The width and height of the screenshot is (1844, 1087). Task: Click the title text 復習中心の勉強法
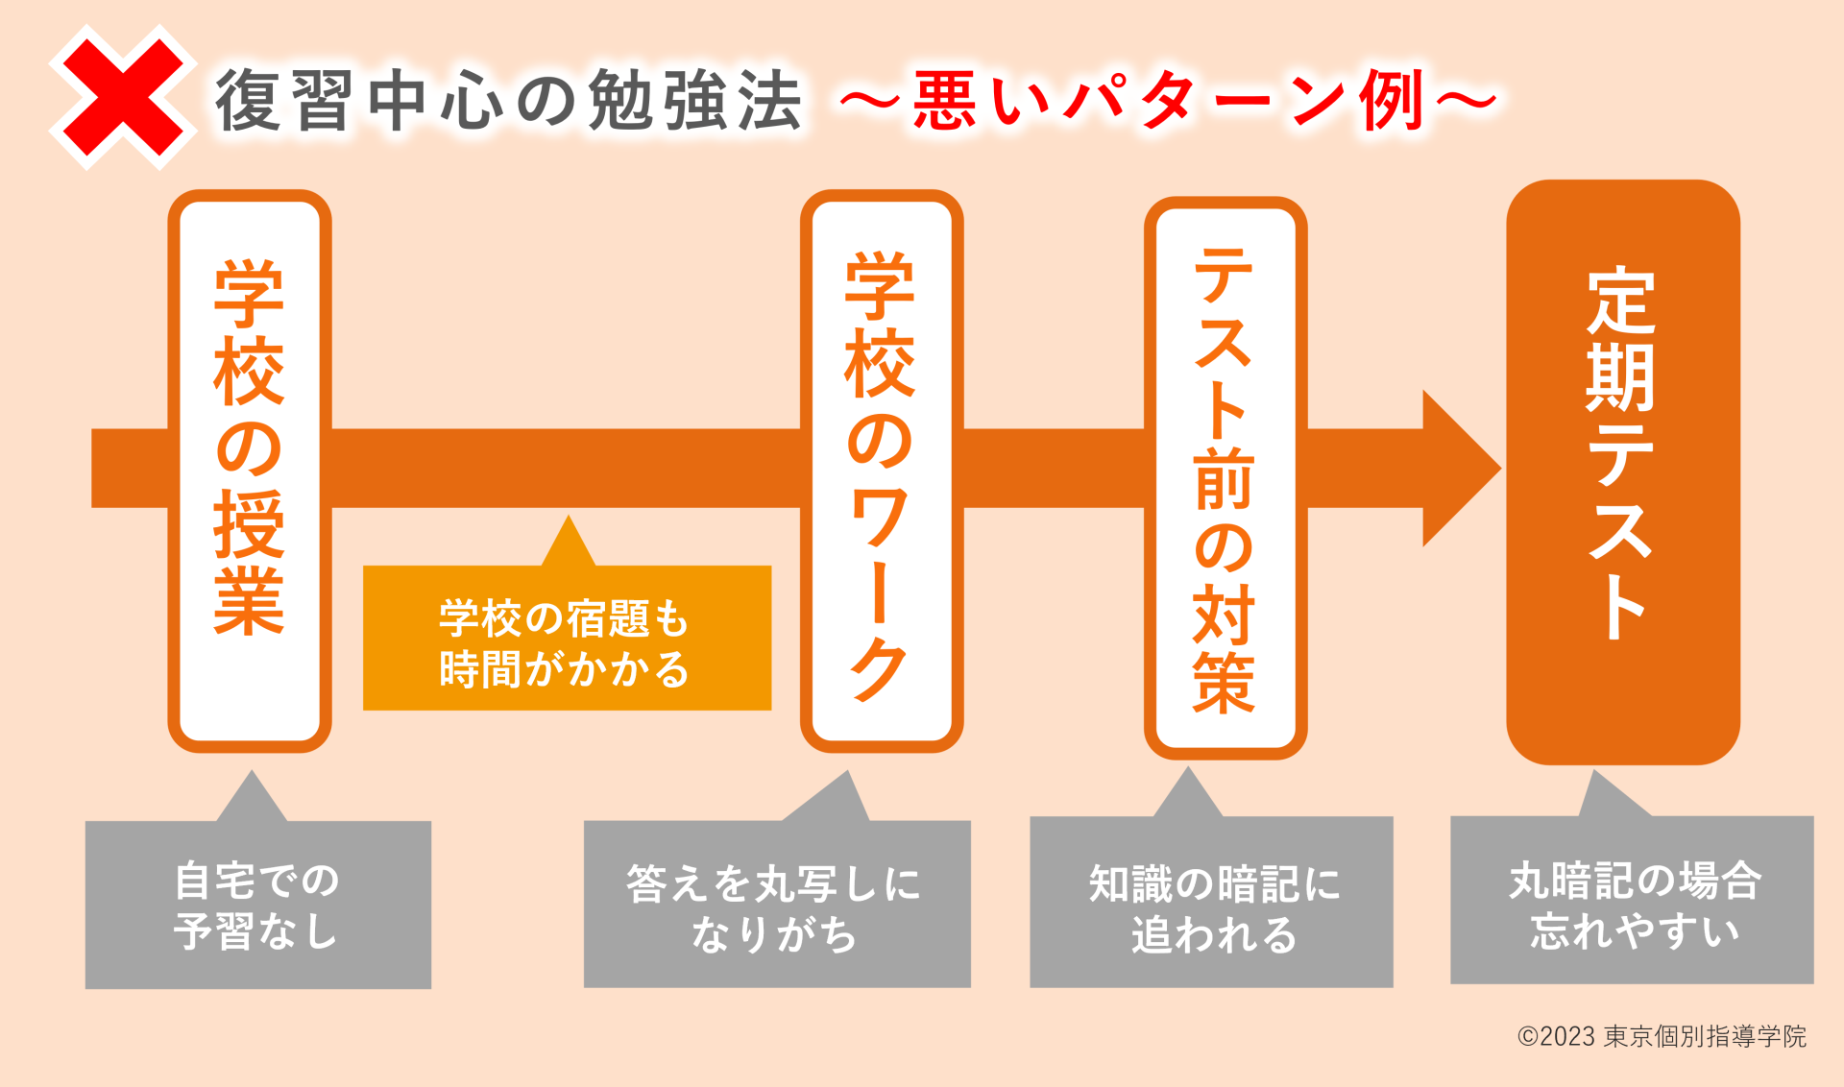click(509, 100)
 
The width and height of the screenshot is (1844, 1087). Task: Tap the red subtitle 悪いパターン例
click(1168, 100)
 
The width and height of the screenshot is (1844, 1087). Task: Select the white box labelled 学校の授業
click(250, 471)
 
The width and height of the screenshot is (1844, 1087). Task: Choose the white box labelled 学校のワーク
click(882, 471)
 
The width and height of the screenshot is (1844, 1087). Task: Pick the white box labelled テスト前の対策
click(1225, 477)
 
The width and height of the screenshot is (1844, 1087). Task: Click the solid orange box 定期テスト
click(1623, 471)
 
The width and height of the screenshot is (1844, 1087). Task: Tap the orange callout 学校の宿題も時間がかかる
click(567, 638)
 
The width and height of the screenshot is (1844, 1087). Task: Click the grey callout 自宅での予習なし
click(257, 904)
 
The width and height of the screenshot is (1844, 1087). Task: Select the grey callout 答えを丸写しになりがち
click(777, 903)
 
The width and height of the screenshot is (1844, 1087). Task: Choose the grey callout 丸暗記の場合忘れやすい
click(1632, 899)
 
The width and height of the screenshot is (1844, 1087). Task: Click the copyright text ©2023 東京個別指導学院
click(1662, 1036)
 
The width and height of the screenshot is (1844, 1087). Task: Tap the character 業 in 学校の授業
click(249, 601)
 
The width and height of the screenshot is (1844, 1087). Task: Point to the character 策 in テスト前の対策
click(1224, 682)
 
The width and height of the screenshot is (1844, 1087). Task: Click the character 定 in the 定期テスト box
click(1621, 302)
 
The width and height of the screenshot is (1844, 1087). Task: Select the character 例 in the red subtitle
click(1392, 100)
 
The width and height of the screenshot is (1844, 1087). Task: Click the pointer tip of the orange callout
click(569, 517)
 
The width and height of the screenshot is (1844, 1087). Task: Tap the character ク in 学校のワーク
click(880, 669)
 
